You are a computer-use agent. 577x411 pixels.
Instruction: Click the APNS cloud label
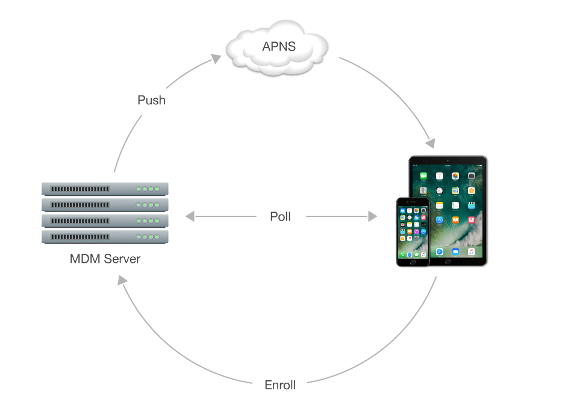pos(279,46)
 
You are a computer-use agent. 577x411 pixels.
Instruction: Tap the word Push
pos(151,100)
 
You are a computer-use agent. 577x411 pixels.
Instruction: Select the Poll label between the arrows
pos(280,216)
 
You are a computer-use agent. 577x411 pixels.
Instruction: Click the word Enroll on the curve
pos(280,384)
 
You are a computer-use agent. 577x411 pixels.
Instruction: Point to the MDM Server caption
pos(105,259)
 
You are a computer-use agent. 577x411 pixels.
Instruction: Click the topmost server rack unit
pos(105,189)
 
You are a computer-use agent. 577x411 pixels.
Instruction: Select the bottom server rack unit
pos(105,237)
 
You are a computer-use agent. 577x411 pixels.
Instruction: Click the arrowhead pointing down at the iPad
pos(429,143)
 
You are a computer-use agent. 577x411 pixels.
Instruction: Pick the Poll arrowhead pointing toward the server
pos(190,216)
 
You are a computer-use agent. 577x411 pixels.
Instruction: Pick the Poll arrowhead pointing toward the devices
pos(373,216)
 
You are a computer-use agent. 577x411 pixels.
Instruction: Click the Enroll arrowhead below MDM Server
pos(122,280)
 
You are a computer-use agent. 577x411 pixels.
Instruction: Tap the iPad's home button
pos(448,262)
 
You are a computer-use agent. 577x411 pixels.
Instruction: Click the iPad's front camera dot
pos(448,160)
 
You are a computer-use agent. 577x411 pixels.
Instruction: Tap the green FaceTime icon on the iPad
pos(423,176)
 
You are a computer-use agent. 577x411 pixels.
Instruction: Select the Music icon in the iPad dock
pos(472,252)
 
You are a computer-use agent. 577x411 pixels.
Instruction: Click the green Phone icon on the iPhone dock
pos(402,254)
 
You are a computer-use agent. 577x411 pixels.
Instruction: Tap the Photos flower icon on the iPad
pos(455,176)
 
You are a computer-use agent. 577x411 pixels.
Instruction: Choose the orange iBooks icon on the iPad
pos(455,220)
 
